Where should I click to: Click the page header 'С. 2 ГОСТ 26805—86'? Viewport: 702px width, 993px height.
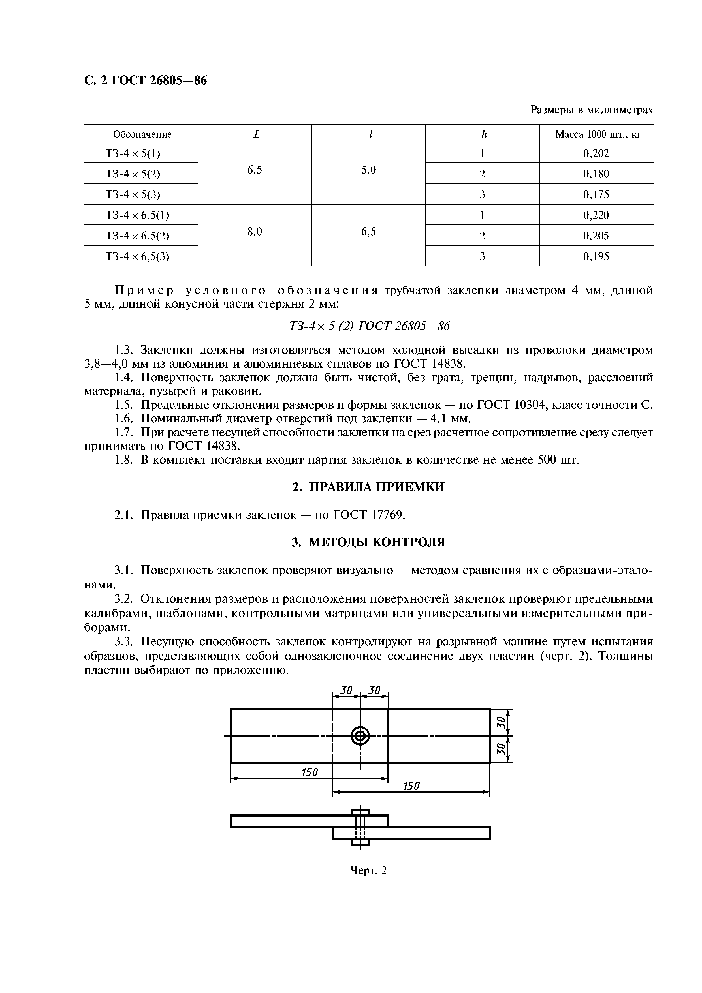coord(145,80)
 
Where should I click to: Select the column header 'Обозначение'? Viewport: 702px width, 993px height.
coord(142,134)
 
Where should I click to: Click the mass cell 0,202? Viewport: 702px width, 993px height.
coord(596,153)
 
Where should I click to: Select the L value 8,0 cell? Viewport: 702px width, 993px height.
coord(255,232)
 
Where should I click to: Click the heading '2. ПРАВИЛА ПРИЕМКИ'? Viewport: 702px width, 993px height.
coord(368,487)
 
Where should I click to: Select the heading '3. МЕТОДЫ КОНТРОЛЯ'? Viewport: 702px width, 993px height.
coord(368,542)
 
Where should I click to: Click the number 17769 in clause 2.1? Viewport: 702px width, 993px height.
coord(387,515)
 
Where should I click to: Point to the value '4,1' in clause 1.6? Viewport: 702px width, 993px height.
coord(437,419)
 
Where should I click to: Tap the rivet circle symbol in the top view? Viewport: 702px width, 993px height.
coord(360,736)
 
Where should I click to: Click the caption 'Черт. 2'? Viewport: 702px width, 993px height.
coord(368,871)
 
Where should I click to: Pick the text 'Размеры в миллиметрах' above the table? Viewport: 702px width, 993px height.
coord(591,110)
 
